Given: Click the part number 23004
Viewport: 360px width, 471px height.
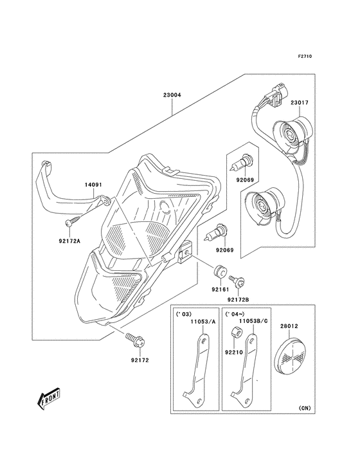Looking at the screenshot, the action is coord(172,95).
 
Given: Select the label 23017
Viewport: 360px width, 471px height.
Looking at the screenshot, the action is coord(299,103).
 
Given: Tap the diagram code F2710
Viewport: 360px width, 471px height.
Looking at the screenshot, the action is coord(305,56).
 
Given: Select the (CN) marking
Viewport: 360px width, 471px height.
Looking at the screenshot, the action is coord(305,408).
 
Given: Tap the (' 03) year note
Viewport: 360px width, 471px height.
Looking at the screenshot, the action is coord(183,314).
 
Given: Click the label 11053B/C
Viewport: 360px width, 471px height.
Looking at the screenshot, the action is coord(253,321).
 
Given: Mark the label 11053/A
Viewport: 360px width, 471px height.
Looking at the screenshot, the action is coord(203,322).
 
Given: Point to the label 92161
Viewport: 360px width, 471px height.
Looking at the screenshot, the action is coord(221,290).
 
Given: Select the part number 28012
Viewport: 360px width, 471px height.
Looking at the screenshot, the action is coord(289,326).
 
